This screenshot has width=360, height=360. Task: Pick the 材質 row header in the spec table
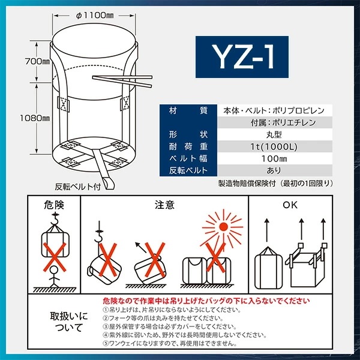(185, 110)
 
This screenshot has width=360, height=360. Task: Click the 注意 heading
(164, 205)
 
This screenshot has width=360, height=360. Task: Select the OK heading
(290, 205)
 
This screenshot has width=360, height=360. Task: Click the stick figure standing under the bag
(53, 276)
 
